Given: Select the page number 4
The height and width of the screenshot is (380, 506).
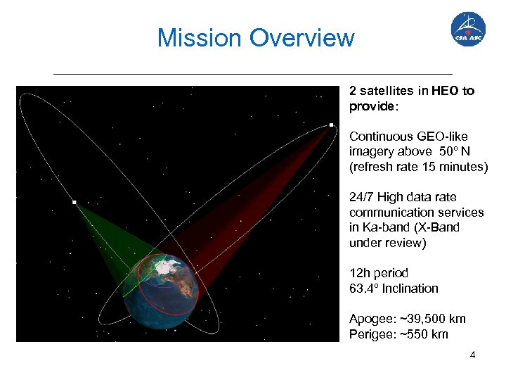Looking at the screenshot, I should [x=472, y=355].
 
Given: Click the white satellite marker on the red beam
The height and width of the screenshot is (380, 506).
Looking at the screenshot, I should [x=331, y=125].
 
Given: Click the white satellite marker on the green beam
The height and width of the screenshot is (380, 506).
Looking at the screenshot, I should [x=74, y=202].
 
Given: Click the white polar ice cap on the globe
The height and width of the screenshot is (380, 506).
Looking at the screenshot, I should [x=166, y=267].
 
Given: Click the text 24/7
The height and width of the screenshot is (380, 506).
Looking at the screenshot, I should [x=361, y=197].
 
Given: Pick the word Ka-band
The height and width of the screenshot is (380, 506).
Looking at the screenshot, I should [x=386, y=227].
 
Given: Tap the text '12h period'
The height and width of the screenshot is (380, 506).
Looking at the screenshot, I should [x=378, y=273].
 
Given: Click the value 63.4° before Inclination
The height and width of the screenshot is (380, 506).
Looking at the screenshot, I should [x=365, y=289].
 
